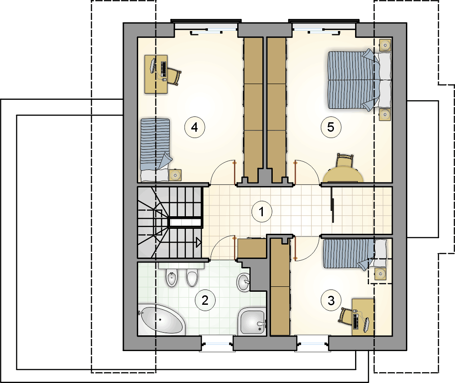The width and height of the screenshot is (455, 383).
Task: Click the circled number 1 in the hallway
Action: [x=262, y=211]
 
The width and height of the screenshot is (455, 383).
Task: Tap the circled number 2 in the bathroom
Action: [x=205, y=300]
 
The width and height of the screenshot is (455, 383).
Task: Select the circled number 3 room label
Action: [x=331, y=301]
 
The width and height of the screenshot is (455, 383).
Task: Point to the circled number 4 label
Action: [x=195, y=127]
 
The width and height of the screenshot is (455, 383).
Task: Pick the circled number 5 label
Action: [x=331, y=127]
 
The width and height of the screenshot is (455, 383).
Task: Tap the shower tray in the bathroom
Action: [x=252, y=322]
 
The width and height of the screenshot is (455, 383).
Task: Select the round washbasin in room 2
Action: [x=243, y=282]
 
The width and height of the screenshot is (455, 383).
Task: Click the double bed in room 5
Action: [x=360, y=80]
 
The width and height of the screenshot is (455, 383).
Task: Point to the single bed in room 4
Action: [x=156, y=149]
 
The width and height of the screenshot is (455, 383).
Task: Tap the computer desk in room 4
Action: [x=156, y=74]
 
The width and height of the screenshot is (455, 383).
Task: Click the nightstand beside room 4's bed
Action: [x=175, y=175]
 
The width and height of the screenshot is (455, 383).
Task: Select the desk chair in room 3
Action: [x=345, y=316]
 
